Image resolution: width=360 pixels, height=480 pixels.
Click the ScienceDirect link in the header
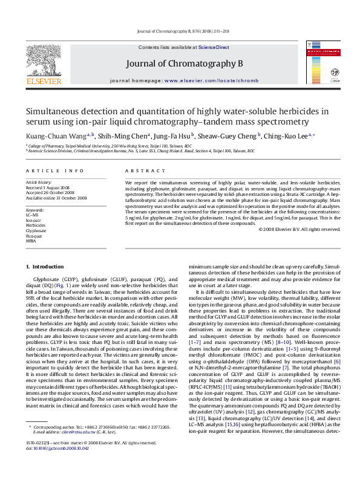coord(214,47)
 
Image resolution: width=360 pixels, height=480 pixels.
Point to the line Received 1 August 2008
coord(48,187)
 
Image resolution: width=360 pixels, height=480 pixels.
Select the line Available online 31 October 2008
coord(56,198)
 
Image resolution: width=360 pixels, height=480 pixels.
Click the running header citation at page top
coord(180,31)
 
